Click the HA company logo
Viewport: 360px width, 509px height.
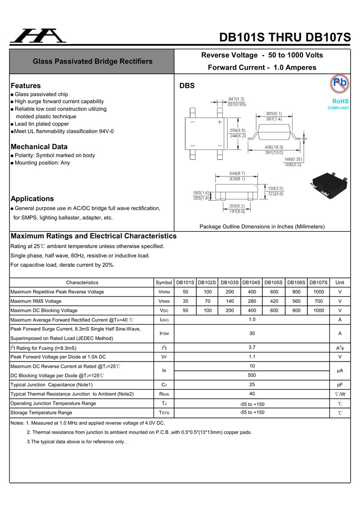[x=38, y=36]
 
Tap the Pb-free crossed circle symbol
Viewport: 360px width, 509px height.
[x=340, y=83]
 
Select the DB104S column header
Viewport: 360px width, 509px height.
[x=251, y=283]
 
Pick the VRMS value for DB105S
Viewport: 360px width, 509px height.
[x=274, y=301]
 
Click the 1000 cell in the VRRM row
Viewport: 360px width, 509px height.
[x=319, y=292]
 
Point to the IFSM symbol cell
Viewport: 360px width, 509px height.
[x=164, y=333]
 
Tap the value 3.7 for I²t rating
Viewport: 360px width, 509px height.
[x=252, y=347]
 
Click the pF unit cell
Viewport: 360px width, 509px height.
[x=340, y=385]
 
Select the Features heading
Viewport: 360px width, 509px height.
[x=26, y=86]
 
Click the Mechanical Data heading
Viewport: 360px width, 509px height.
[x=39, y=147]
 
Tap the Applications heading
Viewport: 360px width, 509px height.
[x=32, y=198]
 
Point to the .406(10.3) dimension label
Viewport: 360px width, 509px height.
[x=274, y=147]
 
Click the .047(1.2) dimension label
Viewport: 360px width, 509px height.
[x=236, y=99]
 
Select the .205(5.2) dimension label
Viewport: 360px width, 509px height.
[x=237, y=206]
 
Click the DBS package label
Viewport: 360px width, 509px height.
[x=187, y=86]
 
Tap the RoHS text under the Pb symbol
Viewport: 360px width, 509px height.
[x=341, y=101]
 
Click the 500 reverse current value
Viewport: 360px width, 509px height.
[x=252, y=375]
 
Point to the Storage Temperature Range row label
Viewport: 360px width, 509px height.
[x=41, y=413]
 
